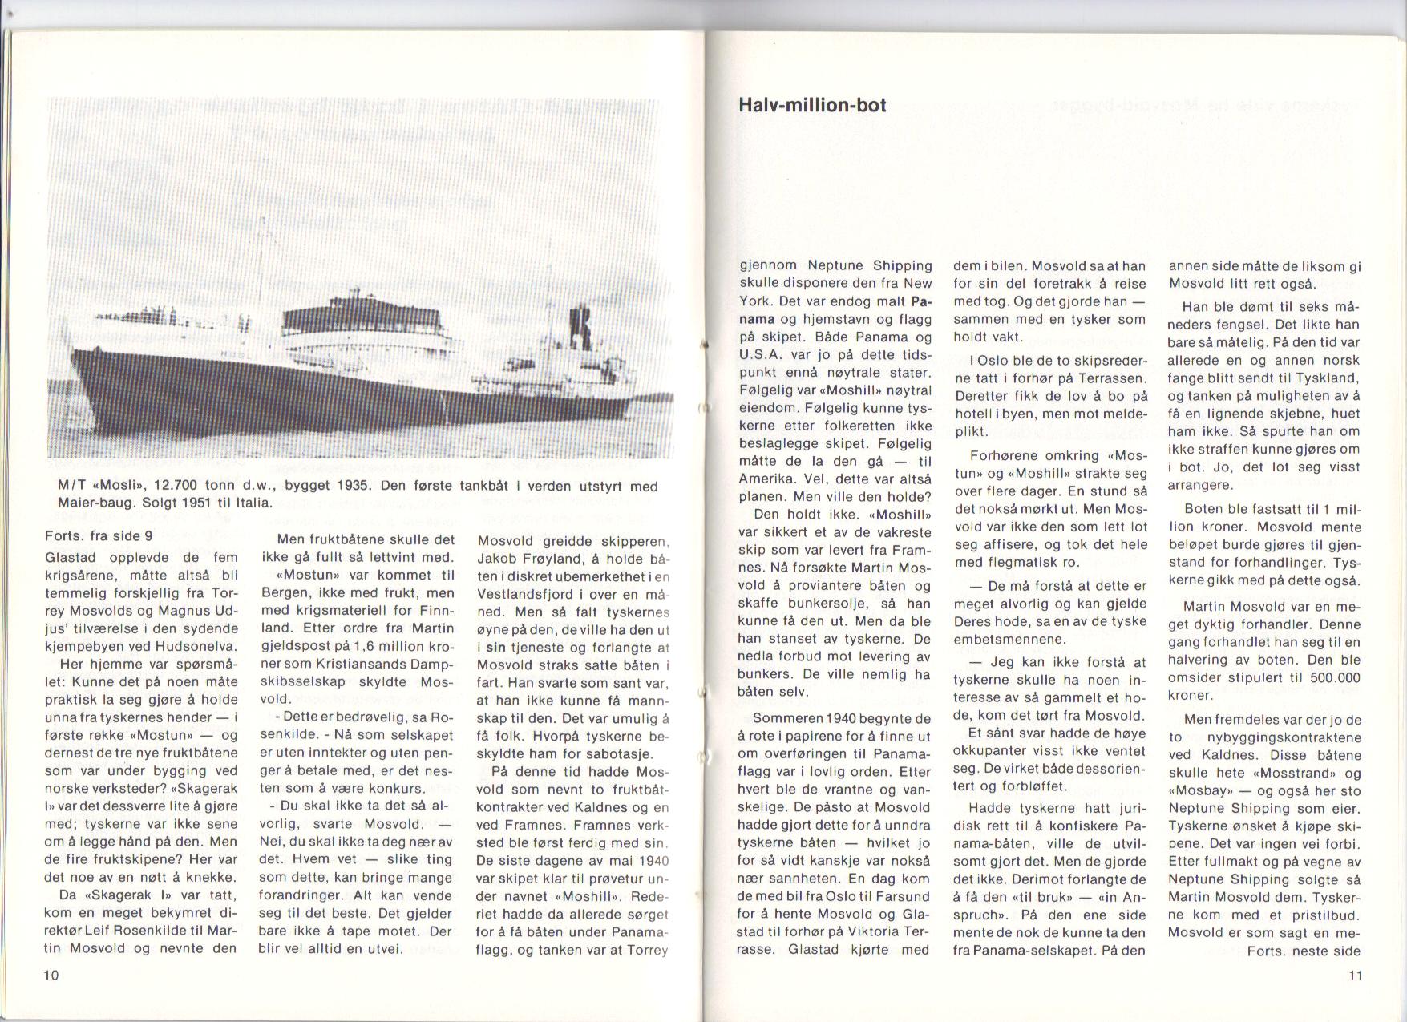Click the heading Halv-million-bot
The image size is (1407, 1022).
(812, 105)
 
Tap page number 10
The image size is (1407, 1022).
(52, 975)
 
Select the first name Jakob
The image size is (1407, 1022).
(497, 558)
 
